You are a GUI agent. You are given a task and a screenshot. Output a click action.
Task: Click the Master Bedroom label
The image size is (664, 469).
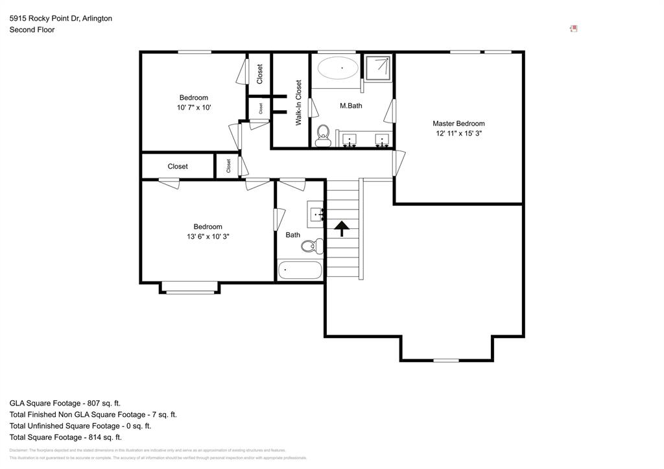pos(458,123)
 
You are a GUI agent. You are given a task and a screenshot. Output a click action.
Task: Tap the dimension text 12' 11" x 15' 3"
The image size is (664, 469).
pos(458,133)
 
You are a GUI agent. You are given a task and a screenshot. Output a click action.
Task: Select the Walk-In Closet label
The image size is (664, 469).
pos(299,102)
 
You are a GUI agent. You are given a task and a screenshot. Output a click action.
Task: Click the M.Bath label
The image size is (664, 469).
pos(351,105)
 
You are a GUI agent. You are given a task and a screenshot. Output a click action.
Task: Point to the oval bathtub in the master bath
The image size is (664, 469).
pos(337,68)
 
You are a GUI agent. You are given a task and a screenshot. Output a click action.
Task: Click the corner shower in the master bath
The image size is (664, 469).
pos(377,67)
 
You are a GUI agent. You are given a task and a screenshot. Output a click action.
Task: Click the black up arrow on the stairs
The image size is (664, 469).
pos(341,226)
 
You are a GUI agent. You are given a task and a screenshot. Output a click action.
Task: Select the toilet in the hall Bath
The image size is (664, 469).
pos(314,245)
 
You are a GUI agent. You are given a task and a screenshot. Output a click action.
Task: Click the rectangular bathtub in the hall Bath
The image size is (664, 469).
pos(300,270)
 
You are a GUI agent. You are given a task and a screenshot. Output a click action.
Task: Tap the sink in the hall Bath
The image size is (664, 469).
pos(317,213)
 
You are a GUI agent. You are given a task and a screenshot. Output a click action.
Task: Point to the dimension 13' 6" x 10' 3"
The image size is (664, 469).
pos(207,237)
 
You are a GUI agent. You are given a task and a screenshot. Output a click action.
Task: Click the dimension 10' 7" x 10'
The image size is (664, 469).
pos(194,108)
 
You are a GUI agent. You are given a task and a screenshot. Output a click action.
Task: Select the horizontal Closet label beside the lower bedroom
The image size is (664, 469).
pos(178,167)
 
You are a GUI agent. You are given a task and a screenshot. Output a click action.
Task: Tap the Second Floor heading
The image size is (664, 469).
pos(32,30)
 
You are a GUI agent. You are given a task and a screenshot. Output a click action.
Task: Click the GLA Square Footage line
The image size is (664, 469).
pos(65,403)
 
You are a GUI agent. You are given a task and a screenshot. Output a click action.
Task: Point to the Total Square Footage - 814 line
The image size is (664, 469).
pos(65,437)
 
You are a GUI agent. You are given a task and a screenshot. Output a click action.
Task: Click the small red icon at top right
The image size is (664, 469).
pos(573,29)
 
